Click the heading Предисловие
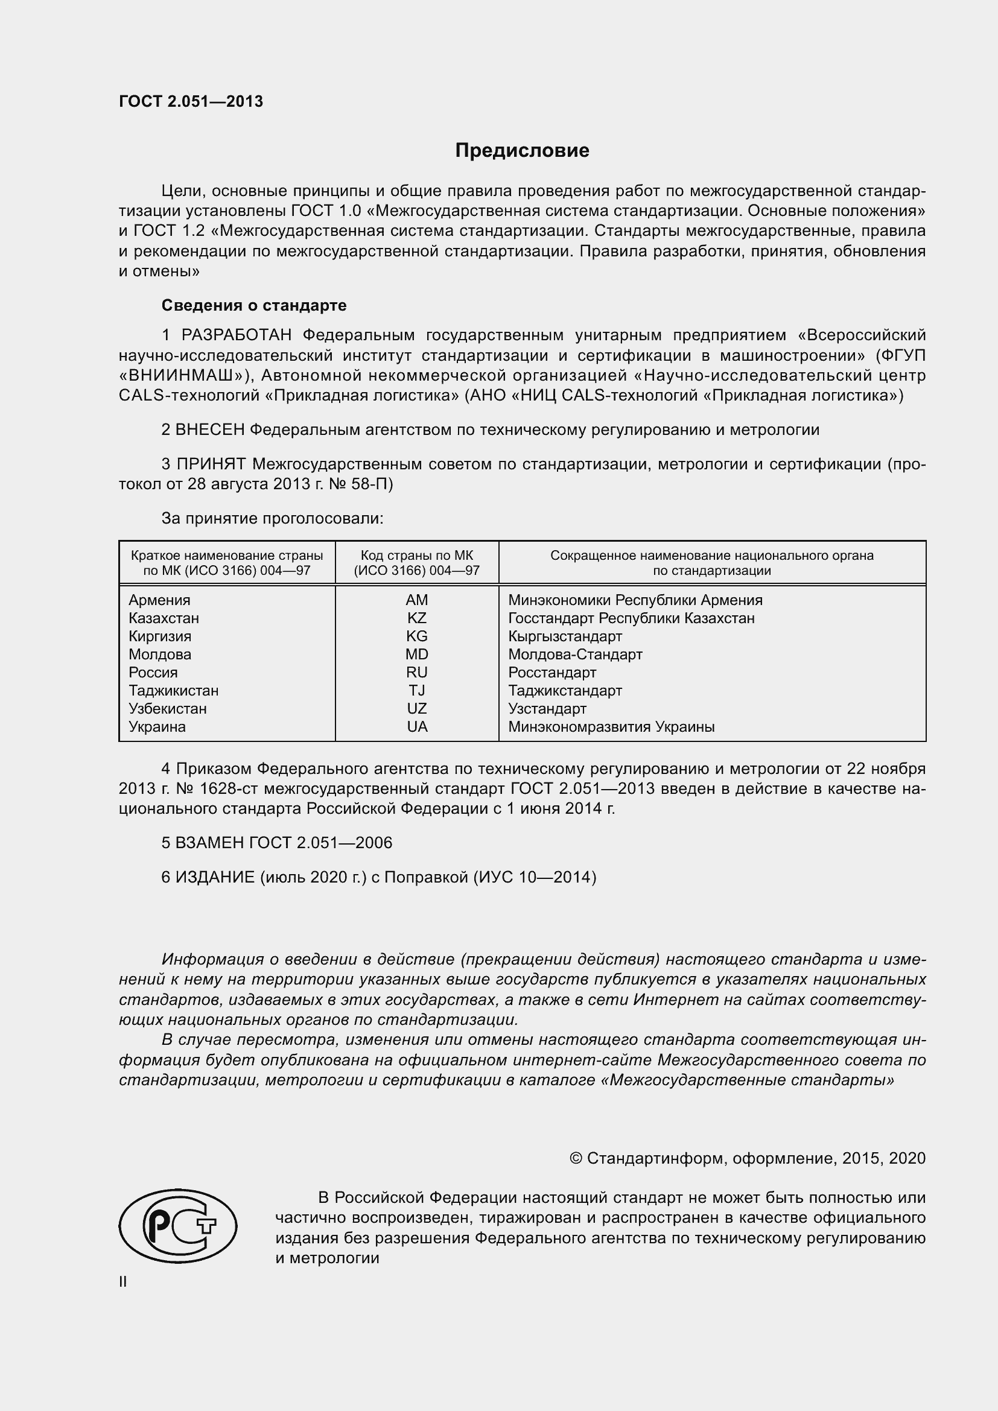point(522,151)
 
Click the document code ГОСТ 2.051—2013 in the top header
point(191,101)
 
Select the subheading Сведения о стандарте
point(254,305)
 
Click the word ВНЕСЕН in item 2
point(210,430)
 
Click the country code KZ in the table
point(417,618)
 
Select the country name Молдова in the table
point(160,655)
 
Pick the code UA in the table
point(417,727)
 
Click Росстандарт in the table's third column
point(552,672)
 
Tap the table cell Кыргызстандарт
point(565,636)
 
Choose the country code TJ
point(417,691)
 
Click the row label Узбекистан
point(167,709)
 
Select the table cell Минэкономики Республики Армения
point(635,600)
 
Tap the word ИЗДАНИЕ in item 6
point(215,877)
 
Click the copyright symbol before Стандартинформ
point(576,1158)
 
